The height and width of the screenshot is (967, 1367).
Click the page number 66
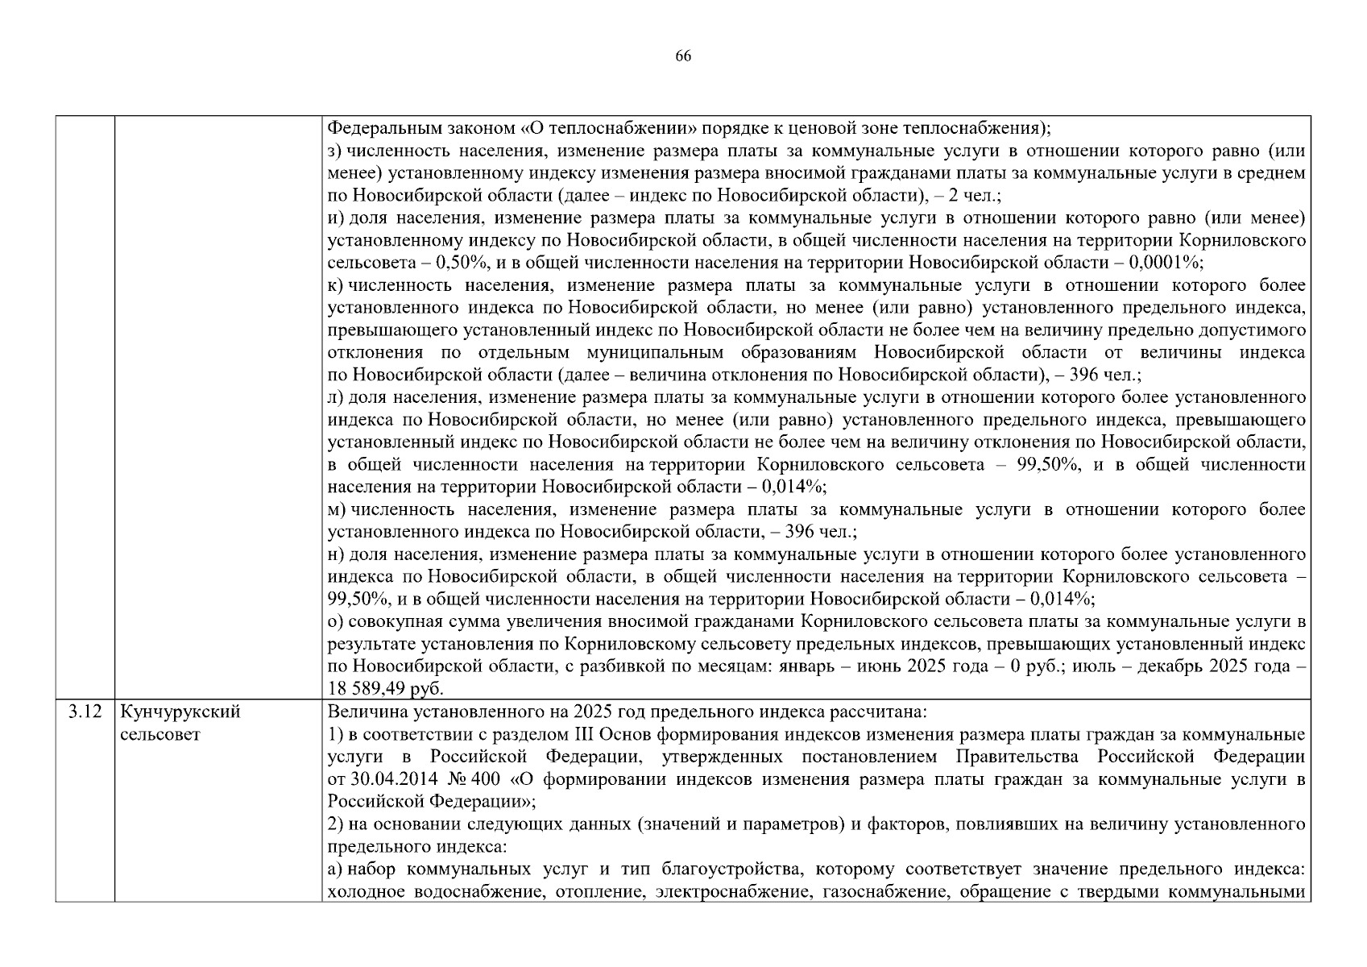coord(683,56)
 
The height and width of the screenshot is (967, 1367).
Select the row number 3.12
coord(85,712)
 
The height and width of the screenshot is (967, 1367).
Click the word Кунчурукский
coord(180,712)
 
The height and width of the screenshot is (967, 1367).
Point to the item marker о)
coord(336,622)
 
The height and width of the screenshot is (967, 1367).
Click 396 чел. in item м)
coord(820,532)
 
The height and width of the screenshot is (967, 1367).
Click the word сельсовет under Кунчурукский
coord(159,735)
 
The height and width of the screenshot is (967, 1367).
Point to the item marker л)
coord(335,397)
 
